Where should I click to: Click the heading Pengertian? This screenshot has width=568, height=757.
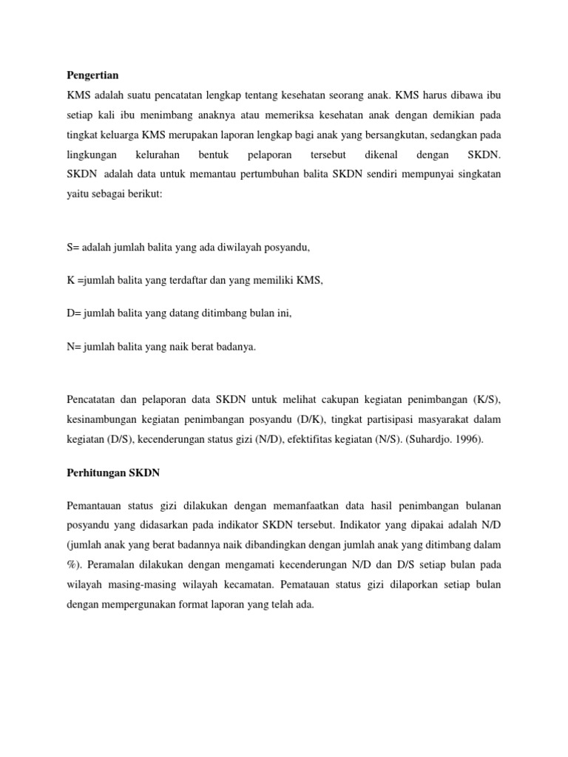[x=92, y=75]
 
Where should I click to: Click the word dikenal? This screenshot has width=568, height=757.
[x=380, y=156]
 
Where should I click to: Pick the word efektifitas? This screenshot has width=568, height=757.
[x=278, y=438]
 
